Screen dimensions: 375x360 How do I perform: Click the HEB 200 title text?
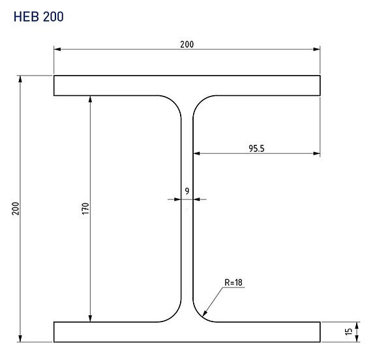coord(38,17)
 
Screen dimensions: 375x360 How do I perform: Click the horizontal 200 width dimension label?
coord(187,44)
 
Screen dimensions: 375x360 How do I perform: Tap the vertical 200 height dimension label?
coord(16,208)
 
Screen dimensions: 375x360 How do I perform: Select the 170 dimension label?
coord(85,209)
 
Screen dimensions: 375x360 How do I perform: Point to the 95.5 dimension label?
coord(256,149)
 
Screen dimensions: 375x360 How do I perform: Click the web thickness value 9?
coord(187,191)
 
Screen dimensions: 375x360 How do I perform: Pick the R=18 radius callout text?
coord(233,282)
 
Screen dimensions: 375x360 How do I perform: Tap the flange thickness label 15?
coord(349,331)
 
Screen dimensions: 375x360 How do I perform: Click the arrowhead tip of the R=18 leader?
coord(203,316)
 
